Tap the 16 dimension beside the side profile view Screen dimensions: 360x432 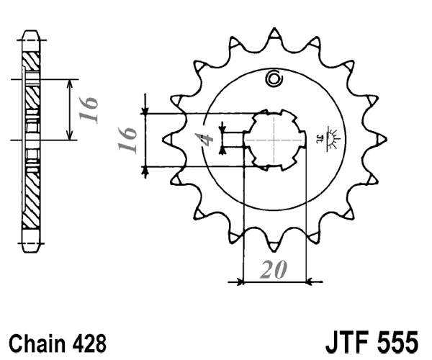pyautogui.click(x=89, y=109)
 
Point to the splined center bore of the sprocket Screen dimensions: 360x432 pyautogui.click(x=274, y=139)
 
